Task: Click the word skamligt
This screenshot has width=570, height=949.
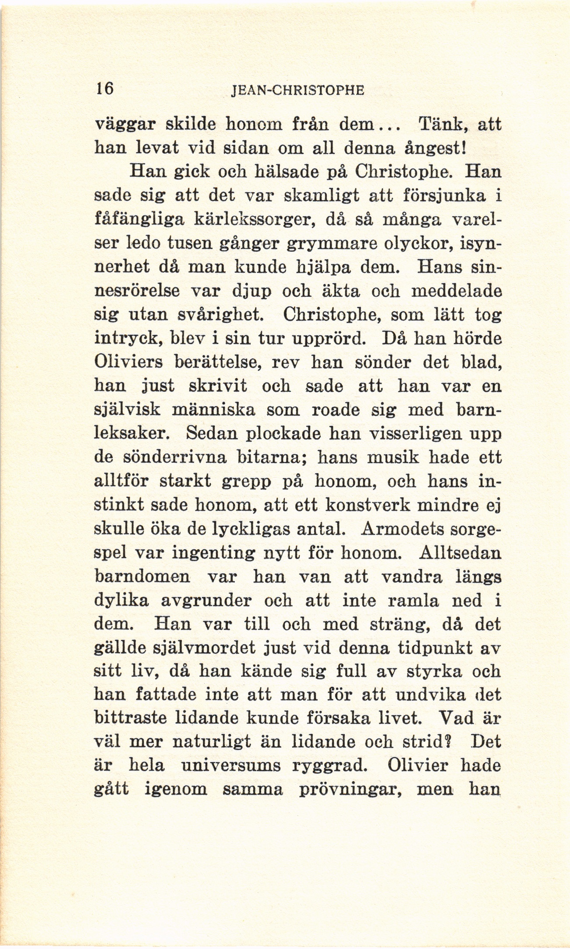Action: pos(322,195)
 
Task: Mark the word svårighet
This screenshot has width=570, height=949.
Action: pos(227,314)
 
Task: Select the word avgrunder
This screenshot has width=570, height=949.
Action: pos(206,600)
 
